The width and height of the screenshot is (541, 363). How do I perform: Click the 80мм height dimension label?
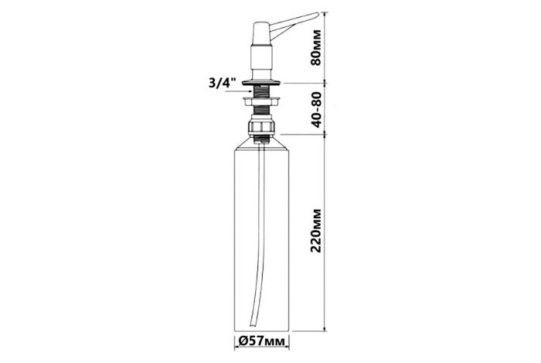click(315, 48)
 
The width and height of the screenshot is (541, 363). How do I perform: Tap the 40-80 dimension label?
click(315, 109)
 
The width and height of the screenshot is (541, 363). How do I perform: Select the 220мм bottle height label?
click(315, 231)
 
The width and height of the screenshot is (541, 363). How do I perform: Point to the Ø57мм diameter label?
click(262, 341)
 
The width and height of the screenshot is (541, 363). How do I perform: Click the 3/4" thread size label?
click(223, 83)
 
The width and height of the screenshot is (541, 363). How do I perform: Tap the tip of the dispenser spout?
click(318, 14)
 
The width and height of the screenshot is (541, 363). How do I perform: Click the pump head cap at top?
click(261, 34)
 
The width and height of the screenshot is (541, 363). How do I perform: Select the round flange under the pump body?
click(261, 82)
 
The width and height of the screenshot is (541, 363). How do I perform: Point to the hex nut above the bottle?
click(261, 126)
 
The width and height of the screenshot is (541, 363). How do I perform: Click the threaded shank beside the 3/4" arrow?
click(261, 91)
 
